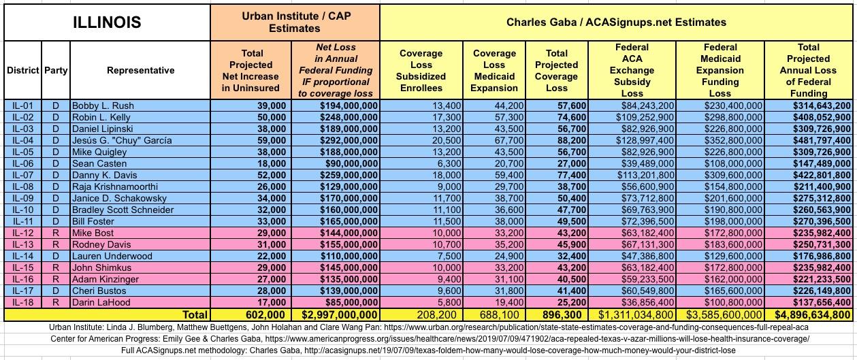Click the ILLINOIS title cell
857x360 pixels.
click(107, 22)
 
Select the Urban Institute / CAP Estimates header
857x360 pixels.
click(295, 22)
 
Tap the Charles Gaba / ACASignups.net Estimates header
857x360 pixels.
click(616, 22)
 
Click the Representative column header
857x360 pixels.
click(140, 70)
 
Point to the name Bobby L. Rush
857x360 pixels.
click(103, 105)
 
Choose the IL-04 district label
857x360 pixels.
click(22, 140)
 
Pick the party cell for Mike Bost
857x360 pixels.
click(56, 233)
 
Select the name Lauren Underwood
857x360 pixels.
click(113, 256)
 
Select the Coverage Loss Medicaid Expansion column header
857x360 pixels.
click(494, 70)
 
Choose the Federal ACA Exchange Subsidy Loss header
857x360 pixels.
click(632, 70)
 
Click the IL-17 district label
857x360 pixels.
click(22, 291)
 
